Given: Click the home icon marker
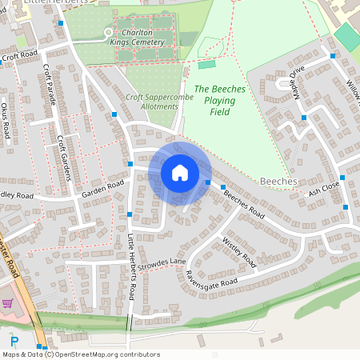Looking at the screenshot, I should pyautogui.click(x=179, y=172).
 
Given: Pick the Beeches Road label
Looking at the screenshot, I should pyautogui.click(x=243, y=204).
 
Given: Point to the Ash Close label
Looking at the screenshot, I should pyautogui.click(x=324, y=188).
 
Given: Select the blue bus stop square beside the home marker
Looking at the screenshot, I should pyautogui.click(x=208, y=183).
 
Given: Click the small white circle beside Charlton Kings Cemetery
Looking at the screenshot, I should pyautogui.click(x=109, y=32).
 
